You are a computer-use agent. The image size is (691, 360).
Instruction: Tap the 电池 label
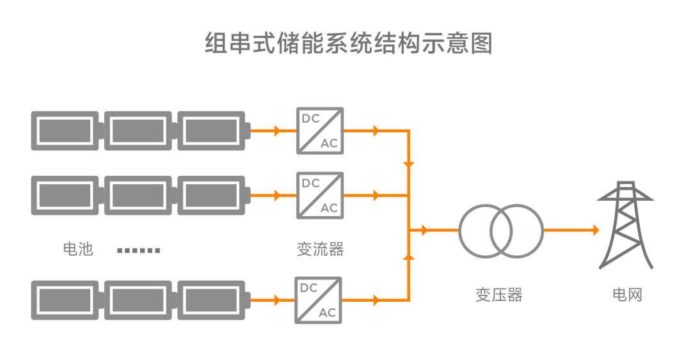tap(78, 249)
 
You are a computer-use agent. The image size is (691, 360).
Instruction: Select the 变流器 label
tap(320, 249)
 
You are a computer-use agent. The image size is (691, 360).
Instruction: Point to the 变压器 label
tap(498, 295)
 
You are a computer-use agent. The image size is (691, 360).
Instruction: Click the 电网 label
tap(626, 295)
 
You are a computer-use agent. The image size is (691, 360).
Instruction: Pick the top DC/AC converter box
tap(320, 130)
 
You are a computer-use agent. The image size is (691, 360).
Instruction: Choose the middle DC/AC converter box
tap(320, 195)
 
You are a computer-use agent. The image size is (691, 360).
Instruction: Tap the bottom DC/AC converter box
tap(318, 300)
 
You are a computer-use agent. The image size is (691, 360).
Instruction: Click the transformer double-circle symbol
tap(501, 230)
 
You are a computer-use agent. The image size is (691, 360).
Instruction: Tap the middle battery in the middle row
tap(138, 195)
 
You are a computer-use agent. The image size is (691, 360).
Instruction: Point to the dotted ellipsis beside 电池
tap(138, 250)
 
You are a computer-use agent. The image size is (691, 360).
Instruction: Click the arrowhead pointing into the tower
tap(596, 230)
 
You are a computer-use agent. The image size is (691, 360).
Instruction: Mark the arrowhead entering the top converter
tap(276, 131)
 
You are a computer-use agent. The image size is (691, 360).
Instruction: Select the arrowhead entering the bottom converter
tap(276, 300)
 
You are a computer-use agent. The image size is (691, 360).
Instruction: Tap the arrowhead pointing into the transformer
tap(424, 230)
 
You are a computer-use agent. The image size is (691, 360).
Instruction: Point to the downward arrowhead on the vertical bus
tap(409, 165)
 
